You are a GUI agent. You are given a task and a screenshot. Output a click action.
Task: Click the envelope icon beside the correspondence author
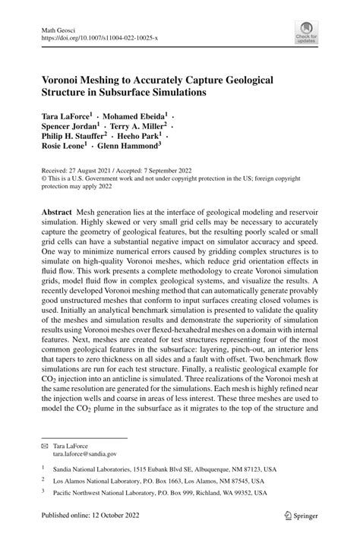point(44,444)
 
